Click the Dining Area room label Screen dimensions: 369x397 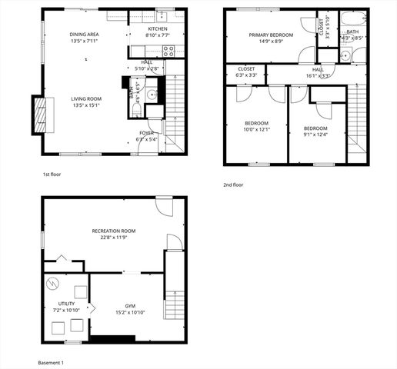83,35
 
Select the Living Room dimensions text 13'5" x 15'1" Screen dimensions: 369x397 87,105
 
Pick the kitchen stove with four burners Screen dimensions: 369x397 170,52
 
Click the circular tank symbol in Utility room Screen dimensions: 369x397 52,284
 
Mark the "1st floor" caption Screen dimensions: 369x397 53,175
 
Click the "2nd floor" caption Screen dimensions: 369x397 233,185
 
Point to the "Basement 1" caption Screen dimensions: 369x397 51,362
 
